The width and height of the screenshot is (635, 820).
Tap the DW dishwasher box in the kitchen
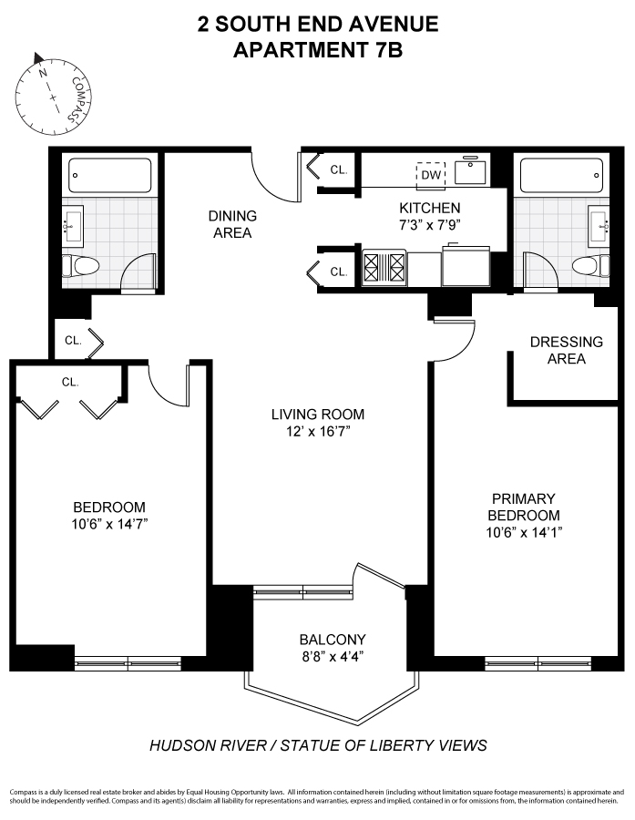[x=430, y=175]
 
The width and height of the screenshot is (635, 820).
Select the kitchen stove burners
[x=384, y=269]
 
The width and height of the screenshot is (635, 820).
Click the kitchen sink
[x=471, y=170]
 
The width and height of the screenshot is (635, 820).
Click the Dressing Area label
[x=566, y=350]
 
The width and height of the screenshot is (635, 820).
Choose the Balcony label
[x=332, y=639]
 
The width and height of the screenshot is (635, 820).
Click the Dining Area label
[x=232, y=224]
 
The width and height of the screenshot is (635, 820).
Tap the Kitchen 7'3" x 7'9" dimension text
[x=428, y=223]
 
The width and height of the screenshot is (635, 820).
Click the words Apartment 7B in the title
[x=317, y=51]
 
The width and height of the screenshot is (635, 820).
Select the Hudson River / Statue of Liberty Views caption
[x=318, y=745]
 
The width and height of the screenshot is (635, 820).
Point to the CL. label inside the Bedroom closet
[x=70, y=382]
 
